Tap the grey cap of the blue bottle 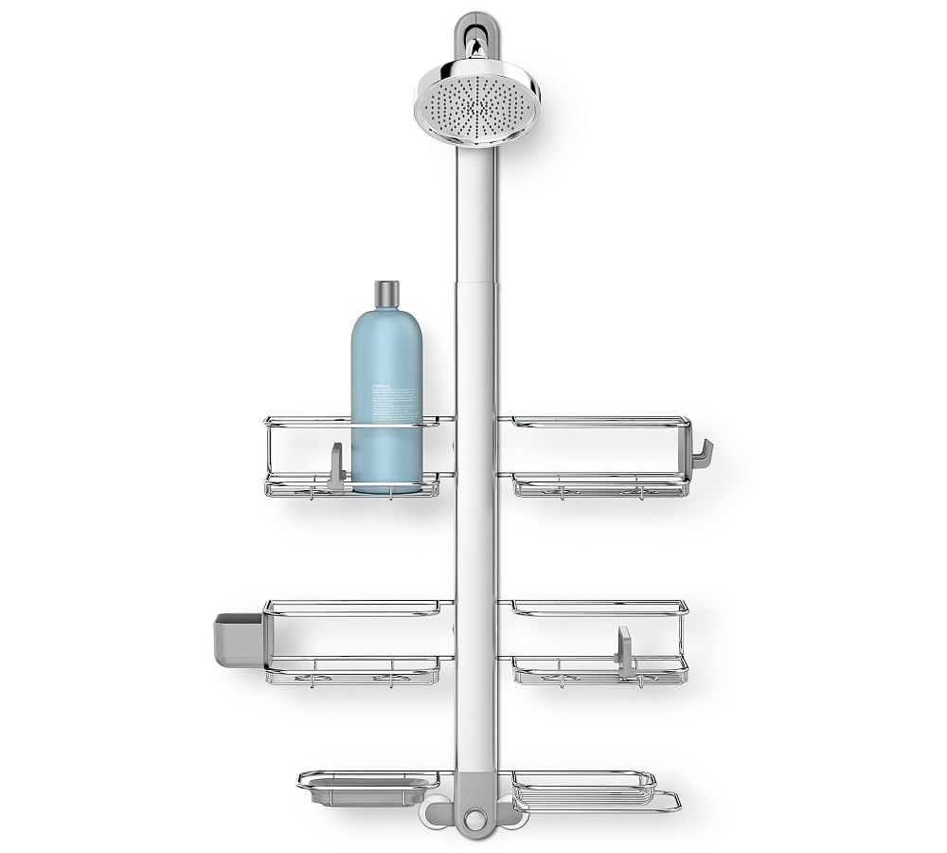click(386, 295)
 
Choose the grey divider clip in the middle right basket click(625, 652)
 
